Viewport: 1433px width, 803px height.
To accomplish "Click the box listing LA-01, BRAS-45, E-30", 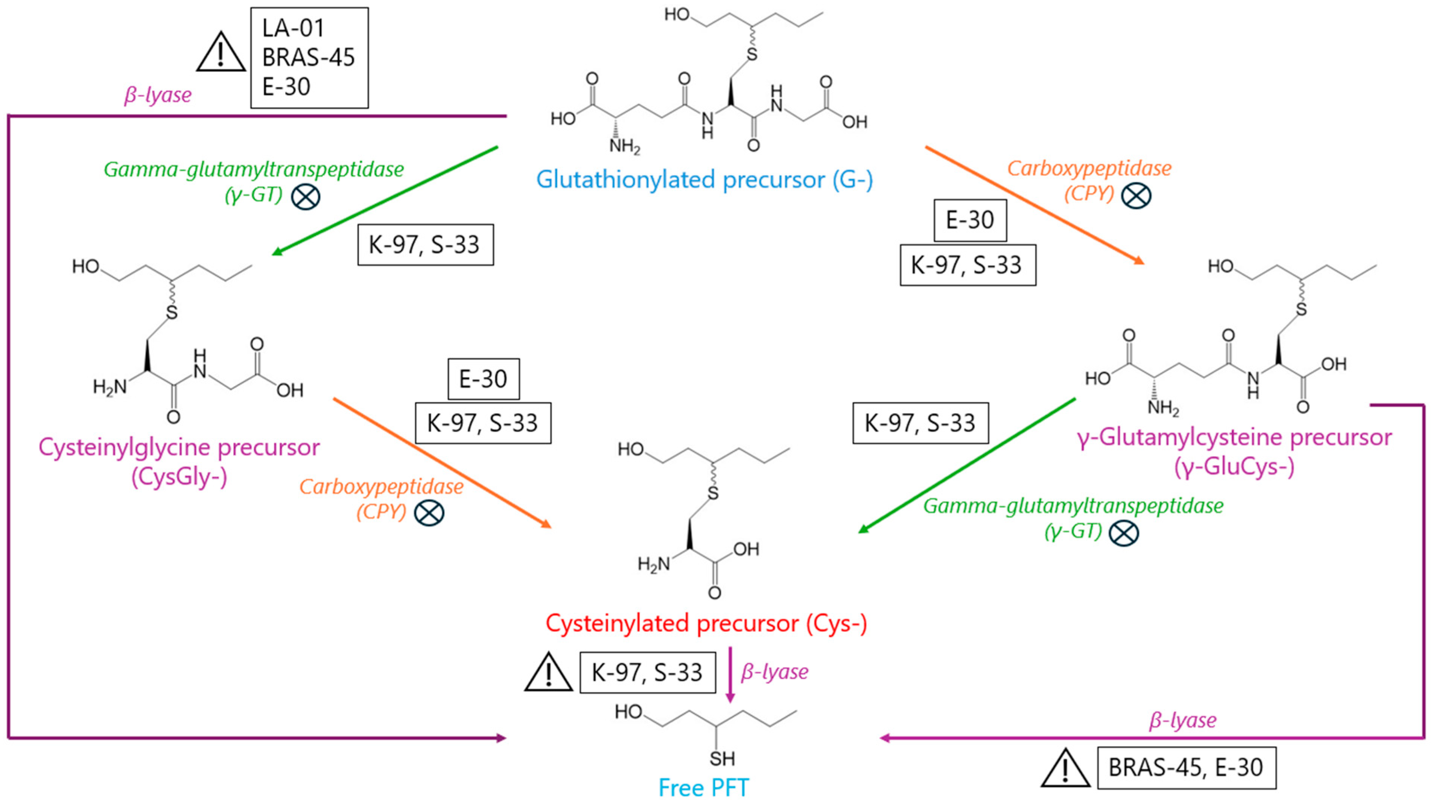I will pyautogui.click(x=309, y=58).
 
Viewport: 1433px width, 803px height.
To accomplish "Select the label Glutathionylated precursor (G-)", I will pyautogui.click(x=704, y=179).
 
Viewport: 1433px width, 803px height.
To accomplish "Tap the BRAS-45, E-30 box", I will pyautogui.click(x=1186, y=767).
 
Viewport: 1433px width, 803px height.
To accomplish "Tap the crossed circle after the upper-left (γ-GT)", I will pyautogui.click(x=306, y=196).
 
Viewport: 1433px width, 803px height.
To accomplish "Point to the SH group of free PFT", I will pyautogui.click(x=721, y=759).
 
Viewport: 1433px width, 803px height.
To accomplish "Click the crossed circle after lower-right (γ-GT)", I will pyautogui.click(x=1123, y=533).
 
